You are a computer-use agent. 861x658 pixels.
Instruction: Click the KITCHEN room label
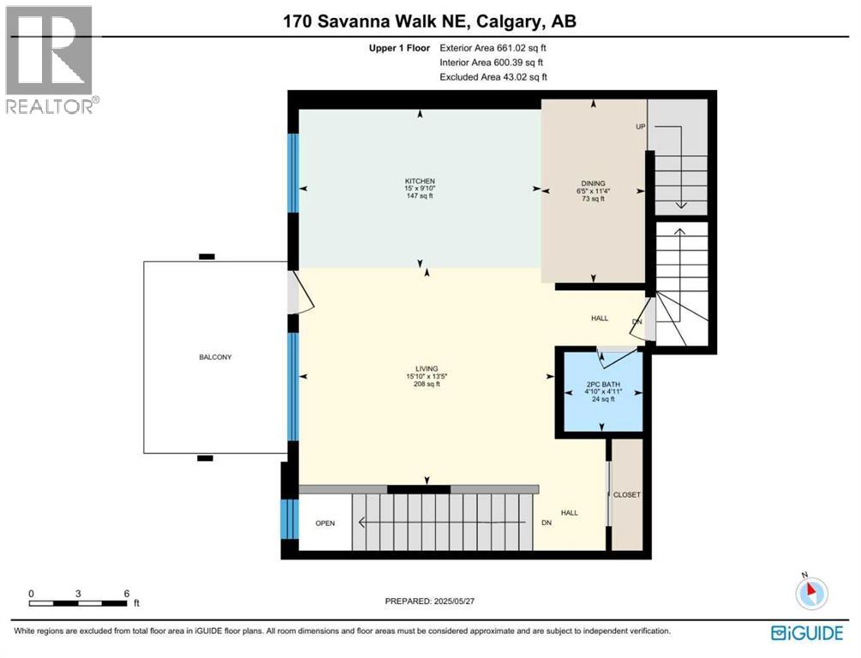(x=420, y=182)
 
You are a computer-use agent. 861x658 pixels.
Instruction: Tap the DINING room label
(x=593, y=183)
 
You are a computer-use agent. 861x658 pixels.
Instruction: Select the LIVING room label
(x=427, y=368)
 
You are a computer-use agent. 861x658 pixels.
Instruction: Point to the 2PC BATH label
(x=603, y=385)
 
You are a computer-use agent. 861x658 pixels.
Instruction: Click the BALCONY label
(x=215, y=357)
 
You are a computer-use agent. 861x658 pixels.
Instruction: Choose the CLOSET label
(x=626, y=495)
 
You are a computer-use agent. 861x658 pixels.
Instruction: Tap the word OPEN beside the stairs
(x=325, y=523)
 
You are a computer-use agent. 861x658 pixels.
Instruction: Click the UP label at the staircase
(x=640, y=126)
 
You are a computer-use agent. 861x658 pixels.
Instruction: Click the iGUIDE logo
(x=807, y=633)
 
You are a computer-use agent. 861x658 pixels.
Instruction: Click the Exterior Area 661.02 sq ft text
(x=493, y=48)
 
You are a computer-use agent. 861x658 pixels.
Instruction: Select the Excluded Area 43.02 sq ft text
(x=493, y=77)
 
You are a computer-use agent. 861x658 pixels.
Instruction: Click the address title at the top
(x=429, y=21)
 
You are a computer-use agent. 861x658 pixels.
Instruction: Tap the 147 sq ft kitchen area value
(x=420, y=196)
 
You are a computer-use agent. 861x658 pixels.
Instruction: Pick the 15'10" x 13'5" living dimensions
(x=427, y=376)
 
